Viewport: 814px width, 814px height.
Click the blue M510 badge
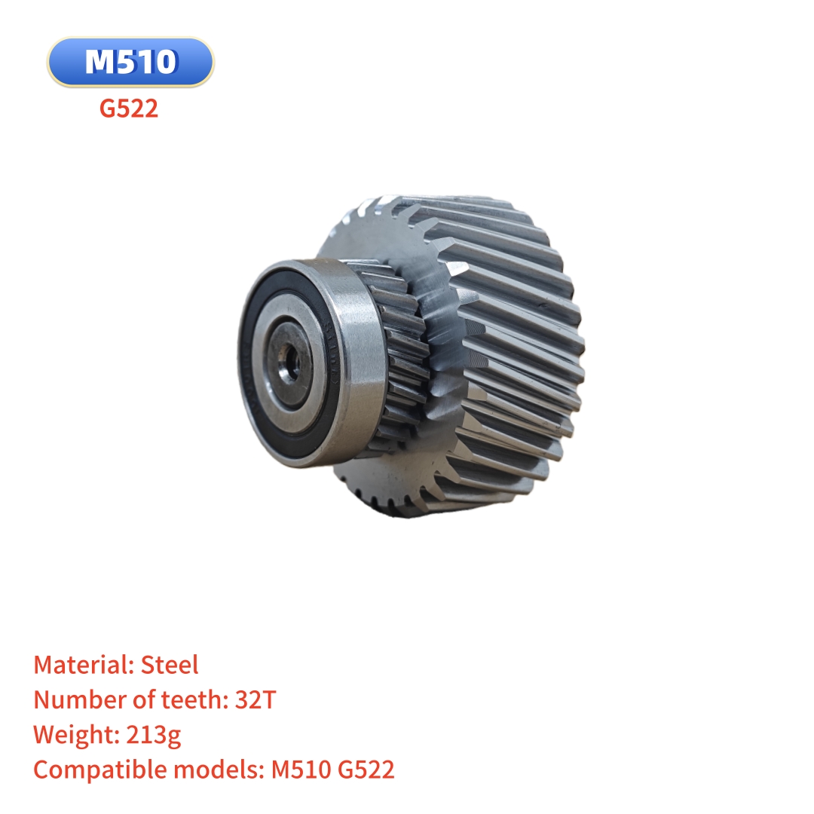130,62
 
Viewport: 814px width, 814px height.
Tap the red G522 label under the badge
129,109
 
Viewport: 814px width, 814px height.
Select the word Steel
170,665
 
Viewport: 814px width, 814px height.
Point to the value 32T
256,699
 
